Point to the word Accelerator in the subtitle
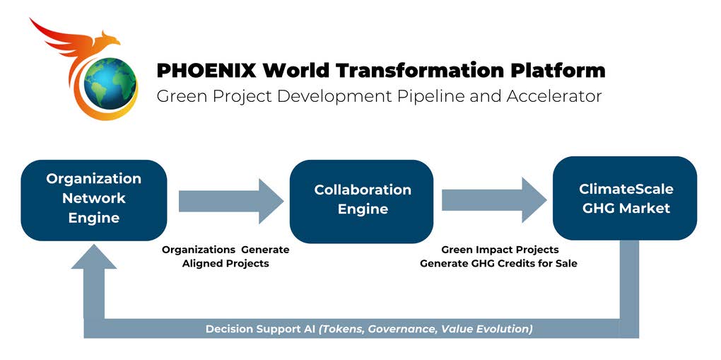(x=554, y=96)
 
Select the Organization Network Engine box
(x=93, y=199)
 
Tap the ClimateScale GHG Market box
(x=626, y=199)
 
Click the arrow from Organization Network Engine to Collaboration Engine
(x=230, y=201)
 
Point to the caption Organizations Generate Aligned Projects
(x=225, y=257)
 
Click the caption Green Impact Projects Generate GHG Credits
(x=499, y=257)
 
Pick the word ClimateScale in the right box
(x=626, y=189)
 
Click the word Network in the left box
(x=93, y=199)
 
